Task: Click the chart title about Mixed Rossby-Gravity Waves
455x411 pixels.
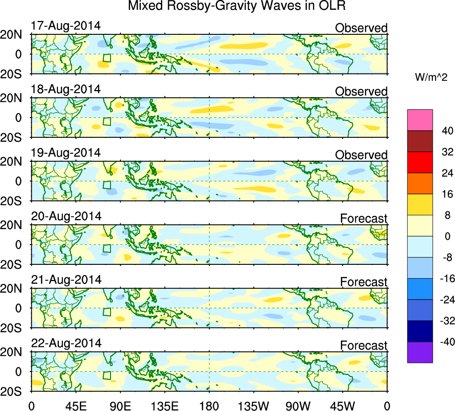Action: point(237,6)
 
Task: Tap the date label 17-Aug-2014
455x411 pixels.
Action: point(66,25)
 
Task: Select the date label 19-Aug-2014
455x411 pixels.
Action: point(66,152)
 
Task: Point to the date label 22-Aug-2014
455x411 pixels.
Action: point(66,343)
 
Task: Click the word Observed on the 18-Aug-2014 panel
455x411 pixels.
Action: point(361,92)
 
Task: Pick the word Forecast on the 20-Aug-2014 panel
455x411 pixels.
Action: point(364,218)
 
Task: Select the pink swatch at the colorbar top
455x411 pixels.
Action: point(420,120)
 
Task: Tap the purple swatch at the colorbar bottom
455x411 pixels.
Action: point(420,352)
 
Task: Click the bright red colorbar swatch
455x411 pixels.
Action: point(420,162)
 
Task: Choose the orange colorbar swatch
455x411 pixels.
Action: point(420,183)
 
